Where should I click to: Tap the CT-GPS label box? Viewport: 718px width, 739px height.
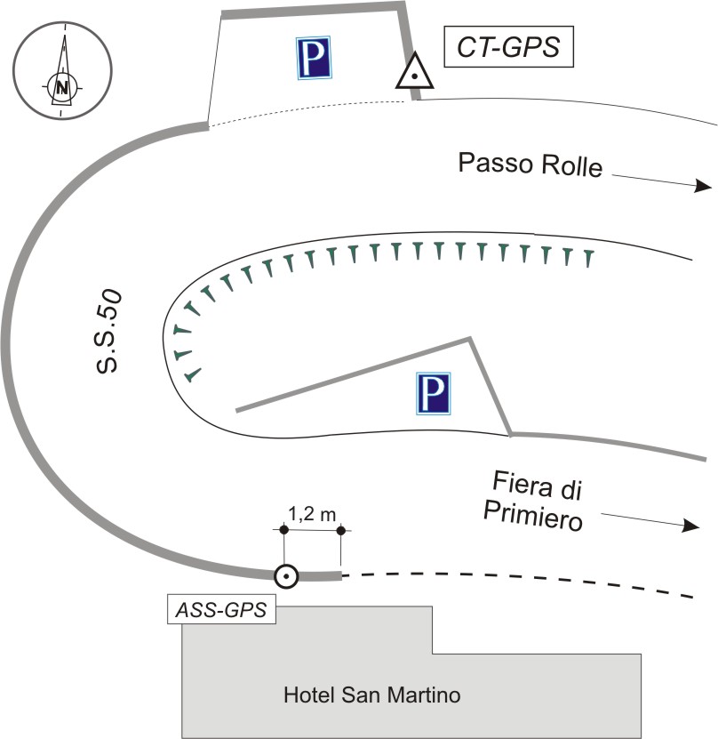point(508,47)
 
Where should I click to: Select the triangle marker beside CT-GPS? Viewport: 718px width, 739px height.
point(414,74)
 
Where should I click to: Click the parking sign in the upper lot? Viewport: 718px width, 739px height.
point(314,57)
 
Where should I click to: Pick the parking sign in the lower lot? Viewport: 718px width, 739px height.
point(433,393)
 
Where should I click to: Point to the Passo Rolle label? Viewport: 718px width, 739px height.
point(530,165)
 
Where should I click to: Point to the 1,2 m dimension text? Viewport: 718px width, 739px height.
point(312,512)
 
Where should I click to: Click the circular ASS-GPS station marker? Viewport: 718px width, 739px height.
point(285,576)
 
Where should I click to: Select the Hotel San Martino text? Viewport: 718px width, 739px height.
point(371,695)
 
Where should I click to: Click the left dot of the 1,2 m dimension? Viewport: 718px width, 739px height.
point(283,531)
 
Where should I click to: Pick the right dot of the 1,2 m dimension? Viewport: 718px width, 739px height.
point(342,531)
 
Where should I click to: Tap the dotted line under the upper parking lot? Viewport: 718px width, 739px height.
point(311,116)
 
